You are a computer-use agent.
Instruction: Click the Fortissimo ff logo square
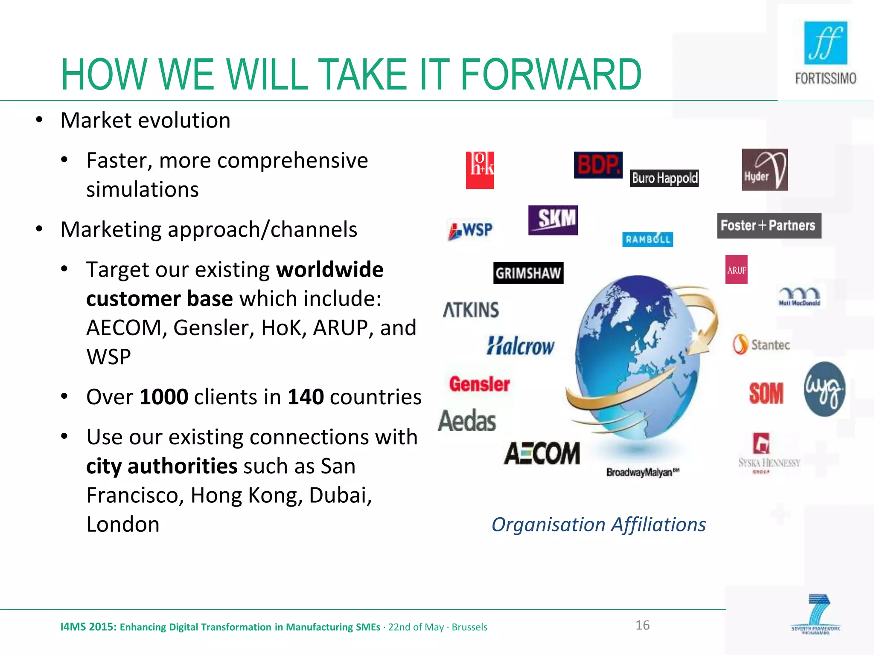[825, 43]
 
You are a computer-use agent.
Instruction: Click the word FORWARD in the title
[551, 75]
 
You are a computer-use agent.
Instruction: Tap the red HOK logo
[480, 170]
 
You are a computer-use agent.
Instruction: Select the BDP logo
[598, 165]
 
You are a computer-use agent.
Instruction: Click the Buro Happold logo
[664, 178]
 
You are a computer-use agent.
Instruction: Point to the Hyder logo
[764, 169]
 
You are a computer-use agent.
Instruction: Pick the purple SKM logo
[553, 220]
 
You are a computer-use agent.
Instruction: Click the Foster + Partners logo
[769, 225]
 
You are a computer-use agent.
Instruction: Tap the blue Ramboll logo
[647, 239]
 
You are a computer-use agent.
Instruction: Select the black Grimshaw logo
[528, 273]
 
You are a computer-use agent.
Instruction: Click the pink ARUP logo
[736, 270]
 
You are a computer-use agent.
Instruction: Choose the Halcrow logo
[520, 345]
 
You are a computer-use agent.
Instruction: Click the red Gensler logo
[479, 384]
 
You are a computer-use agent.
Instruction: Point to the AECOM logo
[542, 453]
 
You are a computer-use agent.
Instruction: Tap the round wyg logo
[824, 389]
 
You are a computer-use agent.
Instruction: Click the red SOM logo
[766, 393]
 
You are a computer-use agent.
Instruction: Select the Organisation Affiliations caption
[598, 525]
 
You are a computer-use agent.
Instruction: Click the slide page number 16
[642, 625]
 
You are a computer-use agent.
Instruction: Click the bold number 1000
[164, 397]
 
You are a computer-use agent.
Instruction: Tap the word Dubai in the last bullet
[340, 495]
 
